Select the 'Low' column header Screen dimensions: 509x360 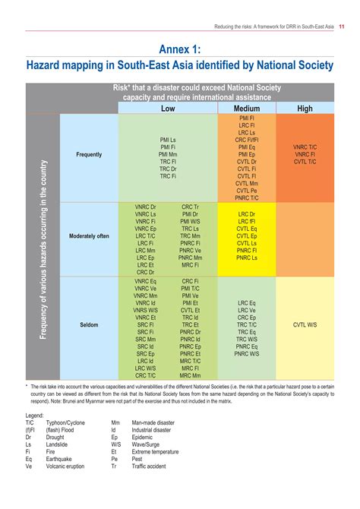pos(168,109)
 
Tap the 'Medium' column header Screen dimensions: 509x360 pos(246,109)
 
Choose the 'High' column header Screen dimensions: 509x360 pos(305,109)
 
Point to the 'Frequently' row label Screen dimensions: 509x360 pos(89,154)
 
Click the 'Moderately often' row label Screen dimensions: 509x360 pos(89,236)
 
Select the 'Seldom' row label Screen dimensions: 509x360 pos(89,324)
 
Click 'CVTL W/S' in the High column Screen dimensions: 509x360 pos(305,324)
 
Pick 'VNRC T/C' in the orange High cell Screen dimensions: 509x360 pos(305,147)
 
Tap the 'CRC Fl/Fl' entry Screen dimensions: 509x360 pos(247,140)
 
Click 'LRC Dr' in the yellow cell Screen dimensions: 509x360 pos(247,214)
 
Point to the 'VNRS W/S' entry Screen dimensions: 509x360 pos(146,310)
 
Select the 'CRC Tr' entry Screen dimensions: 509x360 pos(191,207)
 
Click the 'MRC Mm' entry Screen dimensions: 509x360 pos(191,375)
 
